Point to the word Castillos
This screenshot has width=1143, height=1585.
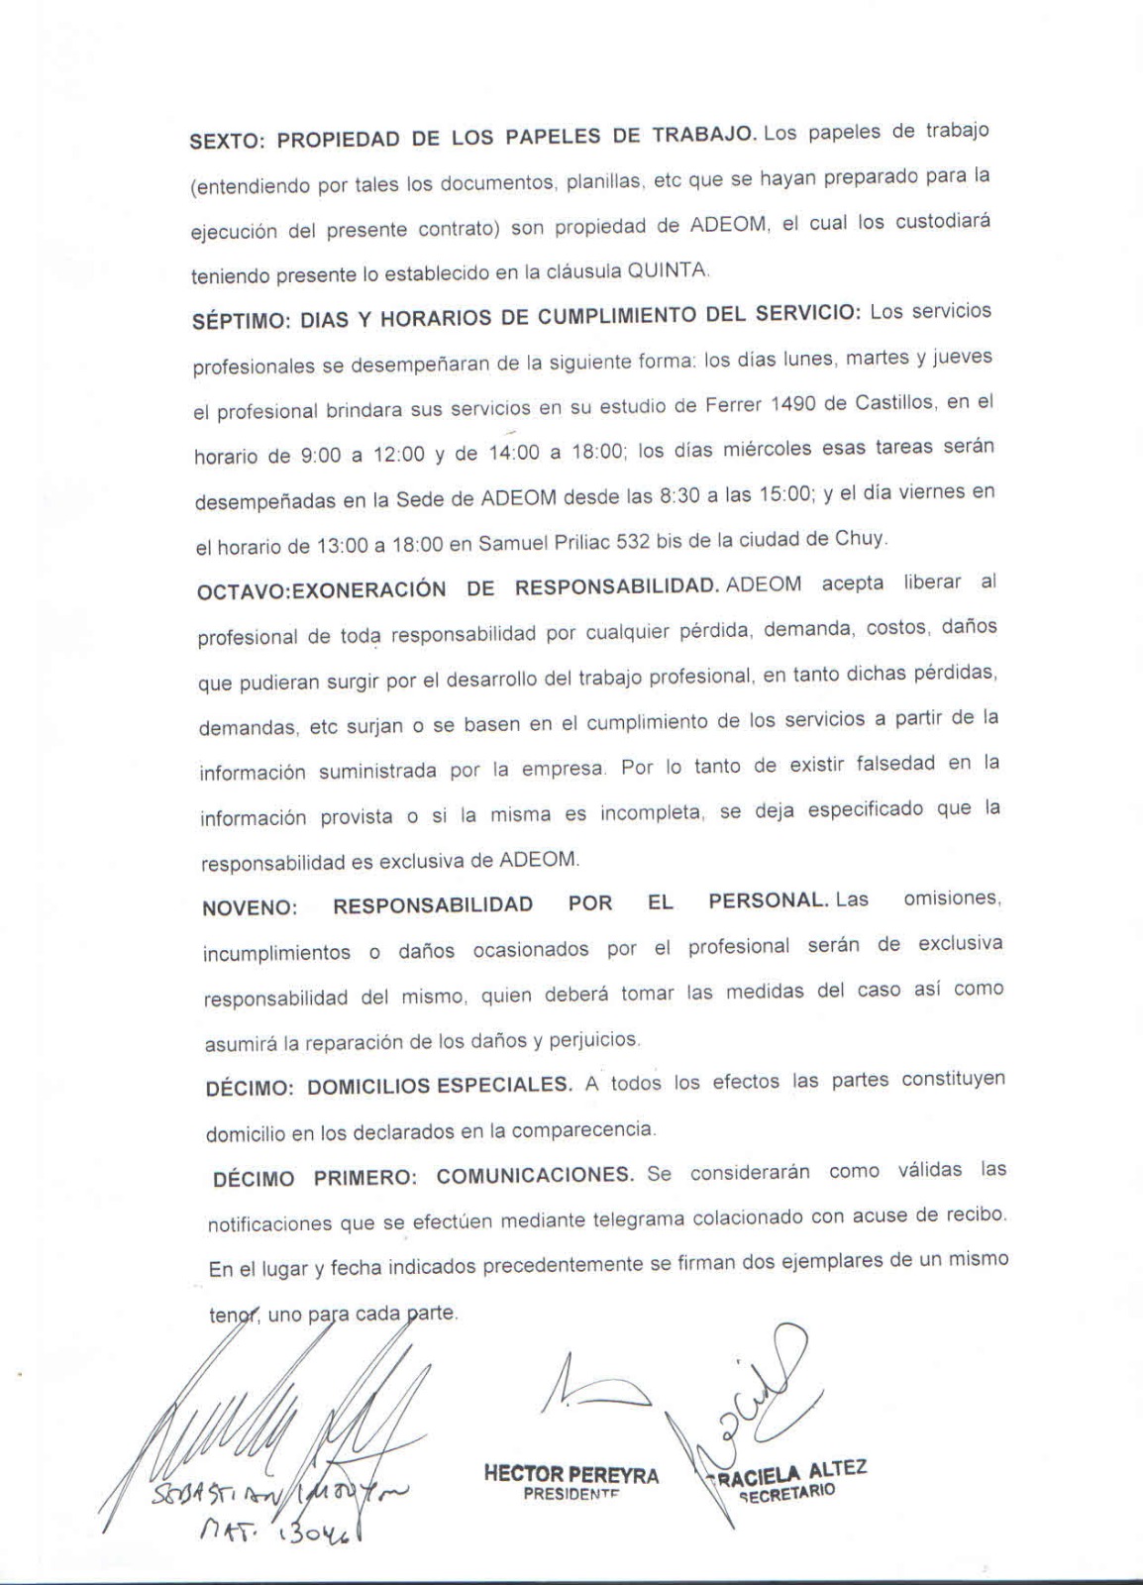898,402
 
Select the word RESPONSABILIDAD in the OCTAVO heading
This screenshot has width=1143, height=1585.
615,586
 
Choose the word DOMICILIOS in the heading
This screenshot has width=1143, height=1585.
368,1087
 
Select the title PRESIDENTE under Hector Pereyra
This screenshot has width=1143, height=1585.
571,1495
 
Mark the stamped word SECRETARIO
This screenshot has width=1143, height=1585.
788,1492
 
